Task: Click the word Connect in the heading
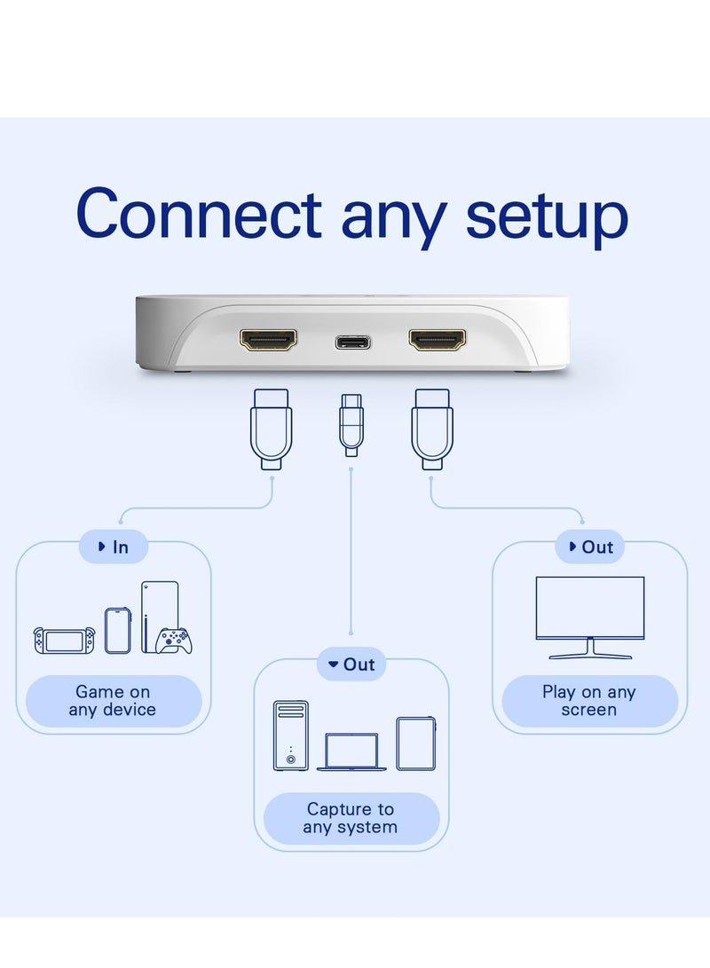[198, 215]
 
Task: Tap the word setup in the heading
[547, 217]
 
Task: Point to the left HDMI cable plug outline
[270, 428]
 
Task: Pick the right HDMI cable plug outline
[432, 428]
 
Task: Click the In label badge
[114, 547]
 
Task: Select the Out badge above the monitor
[589, 547]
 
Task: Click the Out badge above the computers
[351, 665]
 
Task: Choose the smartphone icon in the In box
[118, 630]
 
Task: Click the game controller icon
[174, 641]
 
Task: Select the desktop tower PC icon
[291, 735]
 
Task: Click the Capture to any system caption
[351, 818]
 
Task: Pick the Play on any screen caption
[589, 701]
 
